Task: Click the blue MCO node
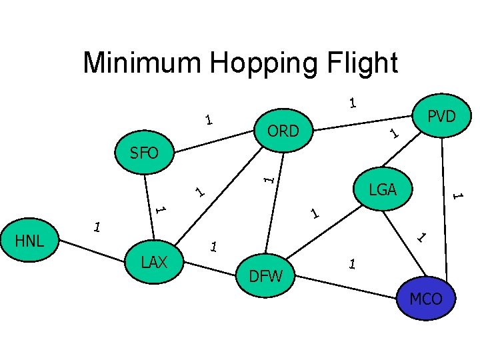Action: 426,298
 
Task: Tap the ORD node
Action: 283,131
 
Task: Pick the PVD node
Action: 441,117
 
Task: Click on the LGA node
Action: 383,189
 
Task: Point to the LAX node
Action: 154,262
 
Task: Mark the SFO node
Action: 144,153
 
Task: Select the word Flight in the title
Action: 366,63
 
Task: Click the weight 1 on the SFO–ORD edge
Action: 209,121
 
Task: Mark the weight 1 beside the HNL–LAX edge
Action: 97,227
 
